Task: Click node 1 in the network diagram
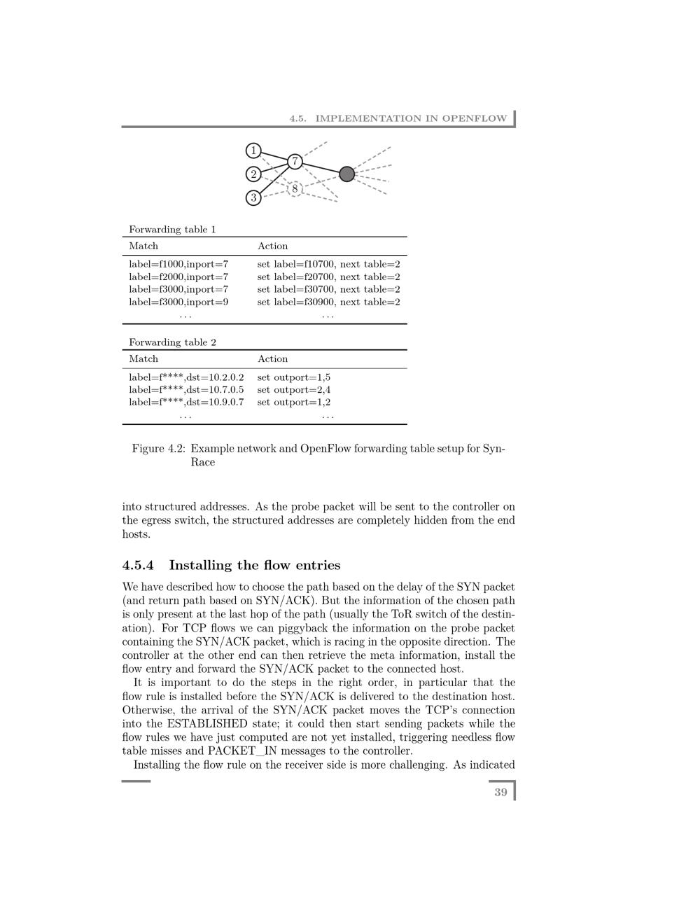[x=253, y=151]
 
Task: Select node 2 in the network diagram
[x=253, y=174]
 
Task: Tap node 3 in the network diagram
[x=253, y=198]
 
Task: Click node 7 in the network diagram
[x=295, y=162]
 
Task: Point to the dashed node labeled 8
[x=295, y=188]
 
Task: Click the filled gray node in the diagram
[x=346, y=174]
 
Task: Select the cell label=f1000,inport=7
[x=178, y=265]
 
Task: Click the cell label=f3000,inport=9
[x=178, y=302]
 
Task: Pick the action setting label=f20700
[x=328, y=277]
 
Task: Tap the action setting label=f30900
[x=328, y=302]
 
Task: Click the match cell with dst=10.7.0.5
[x=186, y=390]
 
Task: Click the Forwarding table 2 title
[x=172, y=342]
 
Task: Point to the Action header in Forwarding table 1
[x=272, y=246]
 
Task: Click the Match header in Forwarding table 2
[x=143, y=359]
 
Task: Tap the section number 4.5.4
[x=138, y=566]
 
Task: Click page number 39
[x=500, y=793]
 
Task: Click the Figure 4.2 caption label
[x=158, y=449]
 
